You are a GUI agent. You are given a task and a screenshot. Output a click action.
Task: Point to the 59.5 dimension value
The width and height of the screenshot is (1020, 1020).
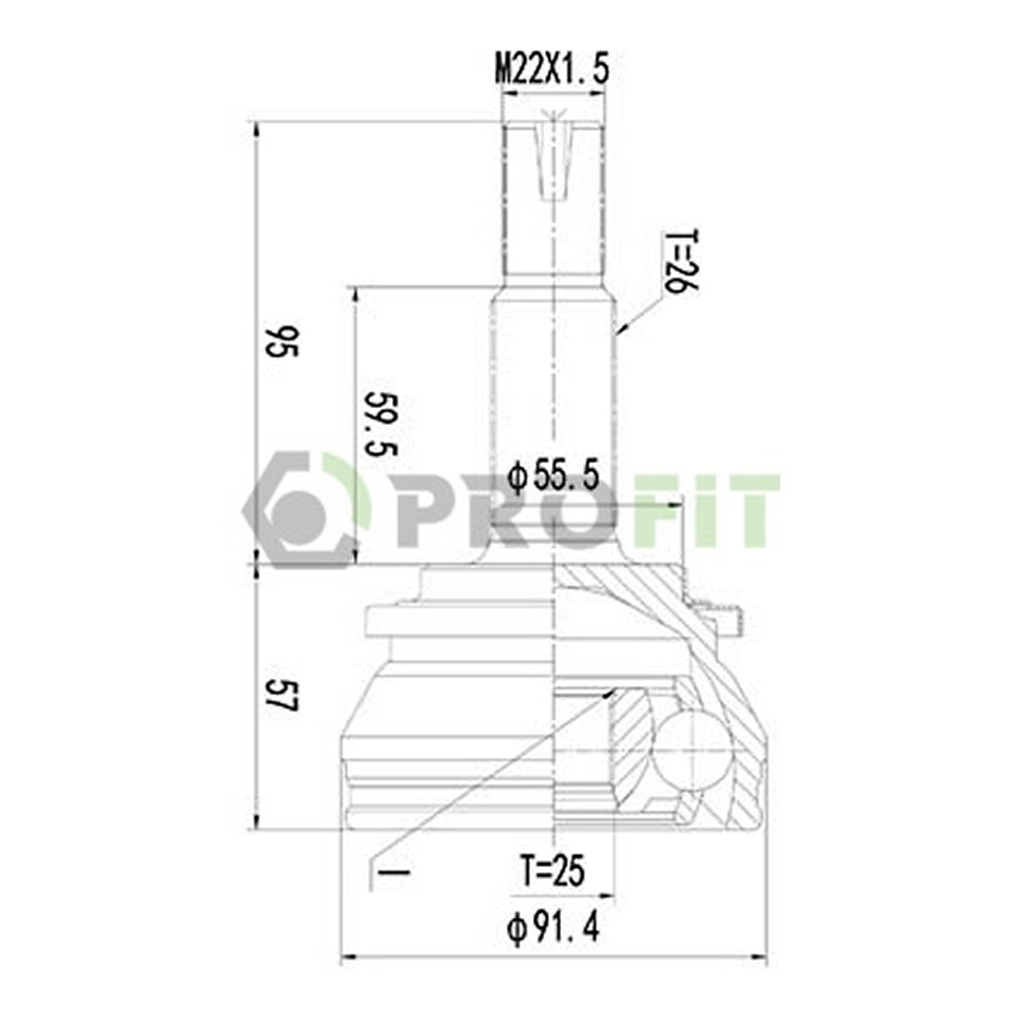point(382,423)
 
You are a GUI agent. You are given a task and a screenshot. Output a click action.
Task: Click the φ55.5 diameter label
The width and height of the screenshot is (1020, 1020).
point(553,475)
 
